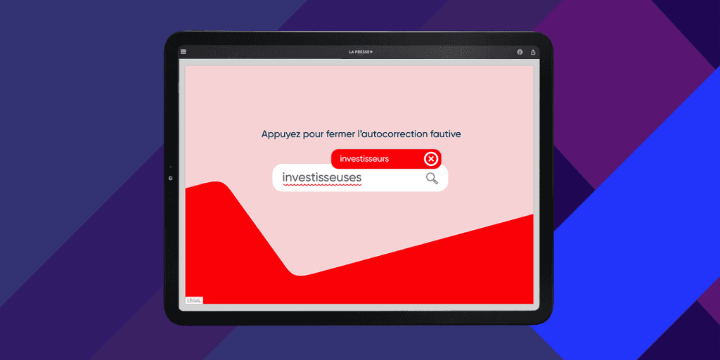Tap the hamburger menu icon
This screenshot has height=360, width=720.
pos(184,52)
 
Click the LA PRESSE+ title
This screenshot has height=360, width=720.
pos(361,52)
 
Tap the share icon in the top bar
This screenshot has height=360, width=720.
pos(533,52)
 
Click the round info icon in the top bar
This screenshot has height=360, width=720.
pos(520,52)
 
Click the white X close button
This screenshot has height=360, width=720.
pos(431,159)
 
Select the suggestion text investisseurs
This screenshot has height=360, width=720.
pos(364,159)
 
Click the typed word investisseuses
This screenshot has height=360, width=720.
pos(322,177)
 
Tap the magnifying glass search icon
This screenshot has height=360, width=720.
pos(432,178)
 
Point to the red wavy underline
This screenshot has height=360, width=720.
pos(322,185)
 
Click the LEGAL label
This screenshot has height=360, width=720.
pos(194,300)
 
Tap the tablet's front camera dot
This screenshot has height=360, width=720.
pos(170,178)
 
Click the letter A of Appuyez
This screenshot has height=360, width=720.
pos(265,134)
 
